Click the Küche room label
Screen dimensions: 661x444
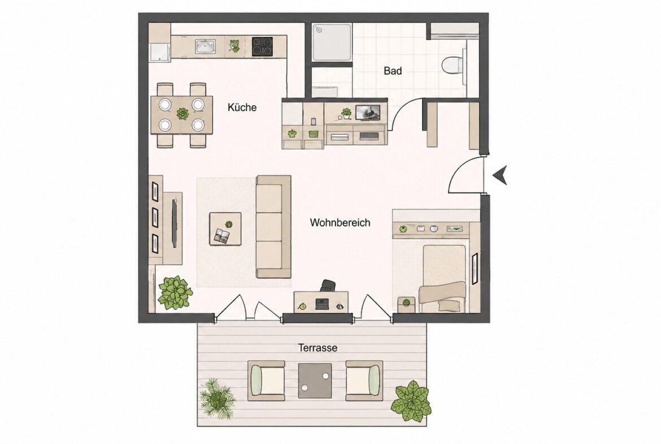[242, 107]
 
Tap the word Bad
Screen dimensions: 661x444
[393, 71]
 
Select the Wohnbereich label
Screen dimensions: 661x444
[340, 222]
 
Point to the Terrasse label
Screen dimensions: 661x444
[318, 348]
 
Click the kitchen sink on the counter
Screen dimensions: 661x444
[205, 46]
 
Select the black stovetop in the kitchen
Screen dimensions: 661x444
[262, 46]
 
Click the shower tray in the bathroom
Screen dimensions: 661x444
[332, 42]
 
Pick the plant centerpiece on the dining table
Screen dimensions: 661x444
[182, 114]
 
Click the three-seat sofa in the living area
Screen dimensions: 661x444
[273, 227]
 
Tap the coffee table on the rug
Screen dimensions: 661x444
[225, 229]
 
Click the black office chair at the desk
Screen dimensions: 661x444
[328, 286]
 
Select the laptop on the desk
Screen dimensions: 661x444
[321, 304]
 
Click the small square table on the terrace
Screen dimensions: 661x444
[315, 381]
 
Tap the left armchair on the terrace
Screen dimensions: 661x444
[266, 380]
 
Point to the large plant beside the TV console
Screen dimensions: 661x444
[175, 292]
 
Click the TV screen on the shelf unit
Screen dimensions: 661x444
[368, 112]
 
